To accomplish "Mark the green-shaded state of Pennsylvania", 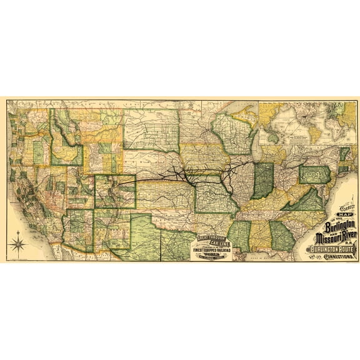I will pyautogui.click(x=314, y=174).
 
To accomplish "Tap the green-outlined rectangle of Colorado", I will pyautogui.click(x=114, y=191).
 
